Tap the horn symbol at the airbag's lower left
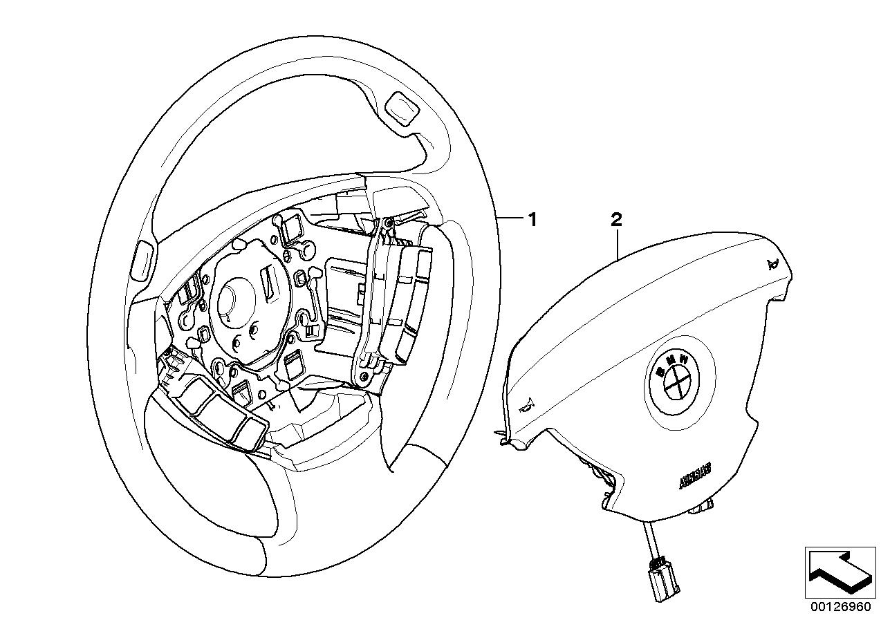coord(529,407)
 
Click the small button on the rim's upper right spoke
coord(402,108)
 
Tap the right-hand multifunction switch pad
coord(408,290)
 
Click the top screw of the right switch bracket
coord(388,222)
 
